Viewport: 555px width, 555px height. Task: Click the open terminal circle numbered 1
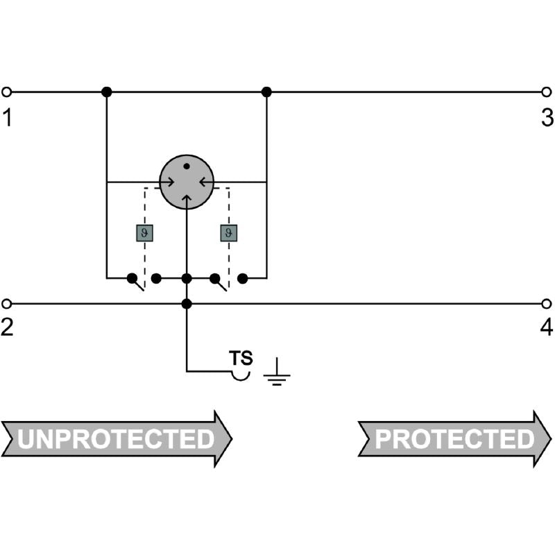pos(6,92)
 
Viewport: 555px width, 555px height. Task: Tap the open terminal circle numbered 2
pos(6,304)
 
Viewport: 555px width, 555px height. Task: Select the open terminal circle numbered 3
pos(547,92)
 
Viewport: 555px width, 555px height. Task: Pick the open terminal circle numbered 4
pos(547,304)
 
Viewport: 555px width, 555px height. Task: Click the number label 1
pos(7,117)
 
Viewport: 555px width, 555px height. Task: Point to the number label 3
pos(547,117)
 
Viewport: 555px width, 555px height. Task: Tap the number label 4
pos(547,327)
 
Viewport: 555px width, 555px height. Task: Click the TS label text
pos(241,358)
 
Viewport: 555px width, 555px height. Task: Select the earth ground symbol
pos(277,372)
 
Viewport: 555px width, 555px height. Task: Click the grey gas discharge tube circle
pos(187,182)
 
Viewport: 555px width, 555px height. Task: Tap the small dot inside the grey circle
pos(187,166)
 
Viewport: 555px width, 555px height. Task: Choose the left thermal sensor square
pos(145,233)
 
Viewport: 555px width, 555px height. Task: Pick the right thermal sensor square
pos(229,233)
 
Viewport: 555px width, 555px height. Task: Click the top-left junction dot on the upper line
pos(107,92)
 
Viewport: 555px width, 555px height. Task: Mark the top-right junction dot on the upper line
pos(266,92)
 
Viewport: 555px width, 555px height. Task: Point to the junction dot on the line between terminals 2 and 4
pos(187,304)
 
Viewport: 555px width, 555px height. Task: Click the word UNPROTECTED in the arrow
pos(116,439)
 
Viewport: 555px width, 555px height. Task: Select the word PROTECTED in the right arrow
pos(454,439)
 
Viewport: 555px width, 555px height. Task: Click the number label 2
pos(7,327)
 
